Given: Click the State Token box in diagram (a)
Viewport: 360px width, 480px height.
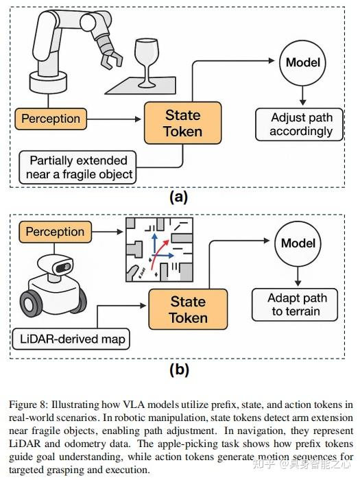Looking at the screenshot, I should pos(182,123).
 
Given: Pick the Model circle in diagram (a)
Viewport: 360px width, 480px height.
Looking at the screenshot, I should pos(302,62).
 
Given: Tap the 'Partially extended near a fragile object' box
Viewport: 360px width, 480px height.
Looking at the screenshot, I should pos(78,167).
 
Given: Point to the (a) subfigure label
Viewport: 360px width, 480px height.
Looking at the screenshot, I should pos(178,197).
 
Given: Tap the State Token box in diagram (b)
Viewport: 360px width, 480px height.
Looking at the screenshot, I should pos(187,309).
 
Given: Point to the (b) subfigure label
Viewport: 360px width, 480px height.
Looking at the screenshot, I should pos(179,370).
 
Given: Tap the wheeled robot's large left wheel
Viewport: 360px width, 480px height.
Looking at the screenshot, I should pos(31,302).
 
